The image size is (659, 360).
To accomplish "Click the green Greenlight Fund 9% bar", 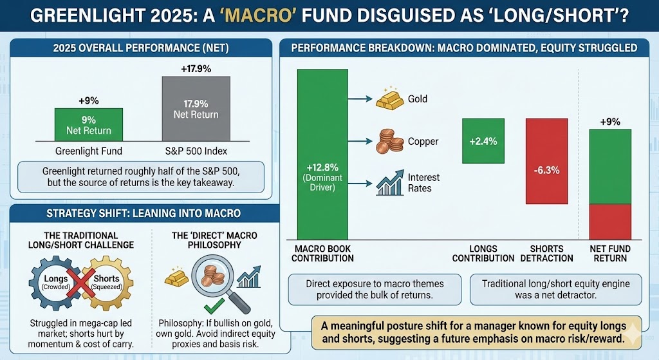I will [88, 124].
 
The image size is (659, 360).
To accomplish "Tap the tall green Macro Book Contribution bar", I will [322, 155].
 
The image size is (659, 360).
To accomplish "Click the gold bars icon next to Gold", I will [389, 100].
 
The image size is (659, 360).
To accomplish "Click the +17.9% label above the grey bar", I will [196, 69].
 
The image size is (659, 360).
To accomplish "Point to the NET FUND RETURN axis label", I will [611, 253].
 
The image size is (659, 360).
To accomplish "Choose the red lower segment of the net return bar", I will [611, 222].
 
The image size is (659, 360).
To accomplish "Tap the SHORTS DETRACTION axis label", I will [547, 253].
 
